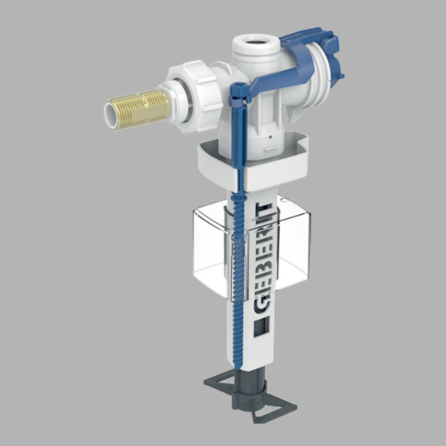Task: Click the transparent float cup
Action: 289,248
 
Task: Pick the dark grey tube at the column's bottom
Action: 252,378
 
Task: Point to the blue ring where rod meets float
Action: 238,198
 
